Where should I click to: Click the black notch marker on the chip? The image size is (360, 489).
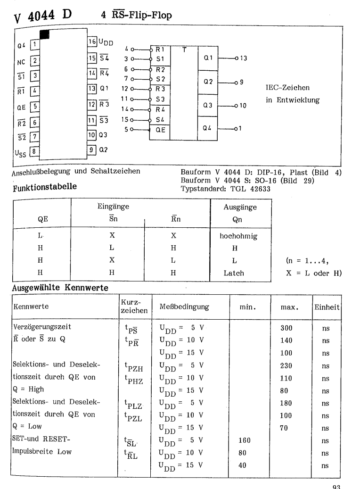pos(45,34)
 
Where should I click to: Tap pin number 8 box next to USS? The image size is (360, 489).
pos(34,152)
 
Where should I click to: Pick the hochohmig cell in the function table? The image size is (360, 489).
pos(238,236)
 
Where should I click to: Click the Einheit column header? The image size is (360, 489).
pos(327,307)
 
